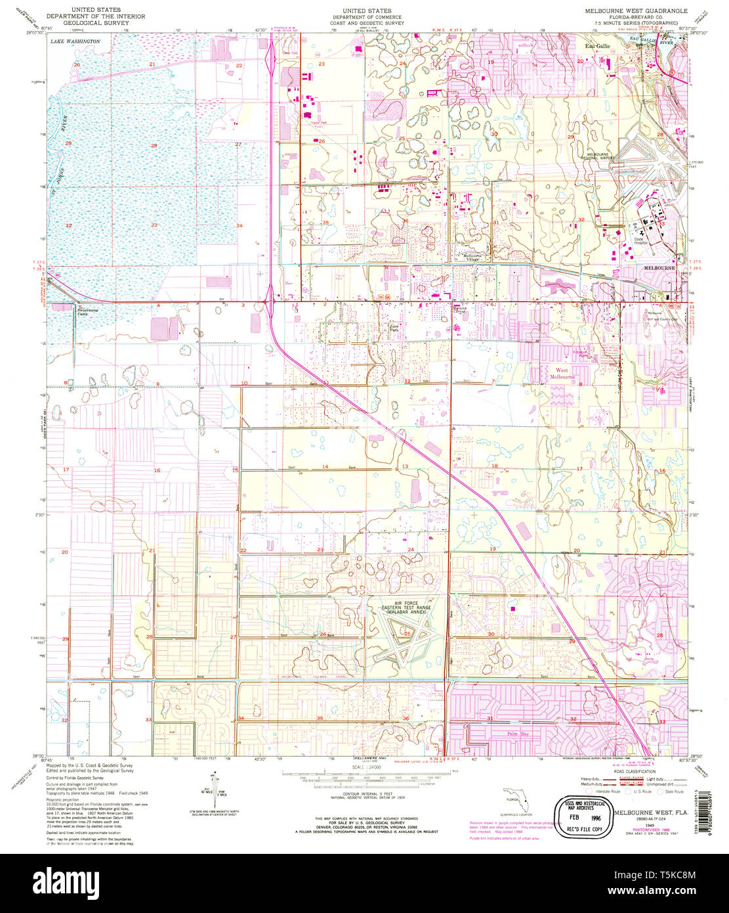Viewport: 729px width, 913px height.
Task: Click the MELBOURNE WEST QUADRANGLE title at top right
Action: point(636,11)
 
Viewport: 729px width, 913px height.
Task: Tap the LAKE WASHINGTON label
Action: point(75,41)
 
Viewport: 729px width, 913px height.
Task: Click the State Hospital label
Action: point(640,240)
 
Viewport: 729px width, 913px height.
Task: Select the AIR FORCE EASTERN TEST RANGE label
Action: point(406,608)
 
